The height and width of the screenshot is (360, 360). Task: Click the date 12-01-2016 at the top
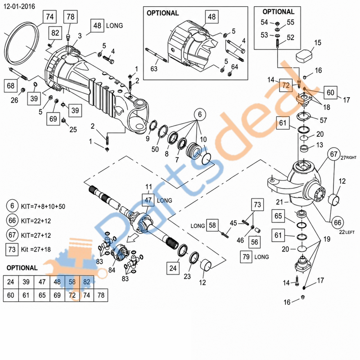(x=19, y=6)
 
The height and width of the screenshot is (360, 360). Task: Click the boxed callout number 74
(x=49, y=17)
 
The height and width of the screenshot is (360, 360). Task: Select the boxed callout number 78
(x=71, y=17)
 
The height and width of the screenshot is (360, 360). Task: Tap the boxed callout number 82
(x=55, y=33)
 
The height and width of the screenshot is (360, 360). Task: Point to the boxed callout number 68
(x=10, y=85)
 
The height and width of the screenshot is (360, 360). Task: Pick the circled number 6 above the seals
(x=200, y=114)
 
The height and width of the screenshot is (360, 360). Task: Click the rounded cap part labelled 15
(x=304, y=56)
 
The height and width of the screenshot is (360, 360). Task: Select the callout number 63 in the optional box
(x=154, y=69)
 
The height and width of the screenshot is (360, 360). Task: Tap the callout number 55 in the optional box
(x=290, y=22)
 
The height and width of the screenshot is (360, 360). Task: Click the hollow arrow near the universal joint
(x=133, y=238)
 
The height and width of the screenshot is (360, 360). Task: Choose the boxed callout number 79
(x=246, y=256)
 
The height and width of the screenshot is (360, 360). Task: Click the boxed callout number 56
(x=254, y=242)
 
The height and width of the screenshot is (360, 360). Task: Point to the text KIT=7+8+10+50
(x=43, y=207)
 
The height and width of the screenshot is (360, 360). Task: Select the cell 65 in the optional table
(x=42, y=295)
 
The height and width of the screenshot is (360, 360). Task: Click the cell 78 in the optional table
(x=101, y=295)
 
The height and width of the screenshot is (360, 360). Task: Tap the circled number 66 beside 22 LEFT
(x=337, y=222)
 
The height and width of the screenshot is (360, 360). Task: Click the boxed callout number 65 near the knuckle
(x=278, y=216)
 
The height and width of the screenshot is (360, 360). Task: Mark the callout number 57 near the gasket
(x=323, y=120)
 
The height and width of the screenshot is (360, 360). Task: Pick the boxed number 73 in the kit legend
(x=12, y=249)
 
